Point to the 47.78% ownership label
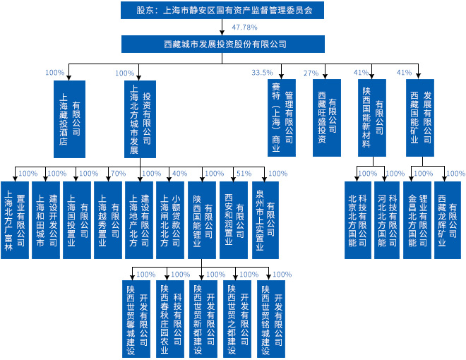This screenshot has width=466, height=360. (x=244, y=28)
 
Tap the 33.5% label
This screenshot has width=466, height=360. (x=262, y=73)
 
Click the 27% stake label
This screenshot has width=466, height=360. (x=311, y=73)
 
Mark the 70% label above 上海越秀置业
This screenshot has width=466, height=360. (x=119, y=174)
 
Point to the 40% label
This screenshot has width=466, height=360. (x=179, y=174)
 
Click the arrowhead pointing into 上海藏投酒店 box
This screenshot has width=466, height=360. (x=68, y=78)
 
